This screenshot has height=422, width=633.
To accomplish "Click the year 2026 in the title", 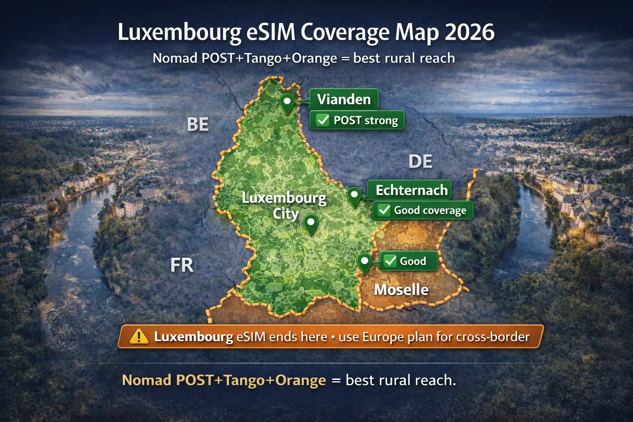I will pyautogui.click(x=469, y=32).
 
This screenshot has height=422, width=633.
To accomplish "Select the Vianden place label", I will pyautogui.click(x=344, y=99).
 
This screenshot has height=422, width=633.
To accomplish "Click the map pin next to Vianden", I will pyautogui.click(x=287, y=101).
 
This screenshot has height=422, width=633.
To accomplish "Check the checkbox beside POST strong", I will pyautogui.click(x=323, y=120).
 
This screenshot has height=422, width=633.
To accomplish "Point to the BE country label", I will pyautogui.click(x=198, y=124).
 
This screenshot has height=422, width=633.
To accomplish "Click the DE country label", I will pyautogui.click(x=420, y=162).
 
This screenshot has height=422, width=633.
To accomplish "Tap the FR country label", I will pyautogui.click(x=182, y=265).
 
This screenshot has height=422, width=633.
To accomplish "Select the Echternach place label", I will pyautogui.click(x=411, y=190).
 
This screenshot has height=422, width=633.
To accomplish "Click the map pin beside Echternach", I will pyautogui.click(x=354, y=195).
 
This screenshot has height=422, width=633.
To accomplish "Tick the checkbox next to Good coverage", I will pyautogui.click(x=384, y=210).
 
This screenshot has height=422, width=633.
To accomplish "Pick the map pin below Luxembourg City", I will pyautogui.click(x=311, y=223).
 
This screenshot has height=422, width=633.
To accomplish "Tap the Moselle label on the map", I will pyautogui.click(x=401, y=290).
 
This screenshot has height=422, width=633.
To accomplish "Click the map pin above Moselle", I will pyautogui.click(x=364, y=261).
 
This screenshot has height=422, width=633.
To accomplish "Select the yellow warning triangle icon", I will pyautogui.click(x=139, y=337).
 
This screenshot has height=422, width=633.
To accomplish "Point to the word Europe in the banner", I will pyautogui.click(x=383, y=337).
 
